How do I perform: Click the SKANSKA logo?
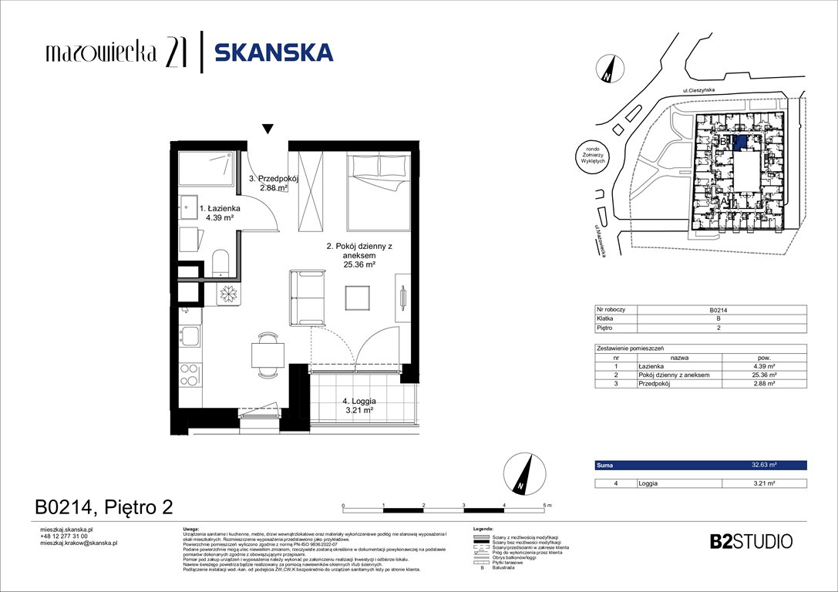pyautogui.click(x=273, y=52)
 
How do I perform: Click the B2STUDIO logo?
pyautogui.click(x=750, y=541)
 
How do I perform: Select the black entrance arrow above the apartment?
pyautogui.click(x=268, y=129)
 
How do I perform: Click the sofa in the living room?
pyautogui.click(x=305, y=298)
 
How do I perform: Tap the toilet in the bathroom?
pyautogui.click(x=220, y=261)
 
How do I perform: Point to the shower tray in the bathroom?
pyautogui.click(x=206, y=169)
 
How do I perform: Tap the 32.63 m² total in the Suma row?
pyautogui.click(x=763, y=466)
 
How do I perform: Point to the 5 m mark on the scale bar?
pyautogui.click(x=547, y=504)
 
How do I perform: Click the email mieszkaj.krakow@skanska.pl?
pyautogui.click(x=78, y=543)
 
